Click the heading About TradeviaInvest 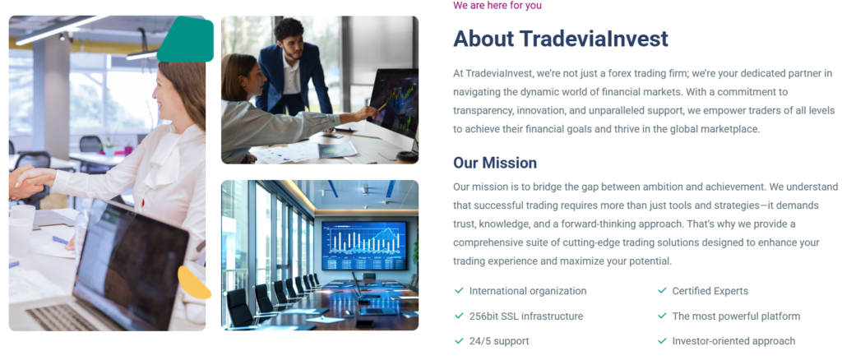point(561,39)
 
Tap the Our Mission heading point(495,163)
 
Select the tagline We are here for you point(497,6)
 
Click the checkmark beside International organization point(459,290)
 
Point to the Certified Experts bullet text point(710,291)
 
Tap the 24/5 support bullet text point(499,341)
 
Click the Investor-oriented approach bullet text point(733,341)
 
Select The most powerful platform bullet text point(736,316)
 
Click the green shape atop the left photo point(187,39)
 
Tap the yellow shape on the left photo point(193,283)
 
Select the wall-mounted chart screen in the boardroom point(364,246)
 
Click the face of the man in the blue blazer point(292,45)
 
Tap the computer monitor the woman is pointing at point(393,102)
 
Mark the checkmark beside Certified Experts point(662,290)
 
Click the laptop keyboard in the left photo point(64,317)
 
